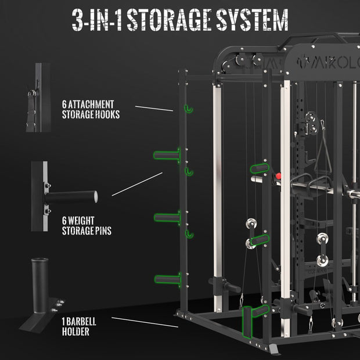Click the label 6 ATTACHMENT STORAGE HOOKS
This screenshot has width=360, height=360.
pyautogui.click(x=91, y=109)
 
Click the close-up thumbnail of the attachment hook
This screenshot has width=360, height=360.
pyautogui.click(x=36, y=98)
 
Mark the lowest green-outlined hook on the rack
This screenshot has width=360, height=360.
pyautogui.click(x=188, y=233)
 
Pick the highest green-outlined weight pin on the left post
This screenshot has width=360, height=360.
pyautogui.click(x=167, y=155)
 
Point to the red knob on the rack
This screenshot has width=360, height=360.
pyautogui.click(x=280, y=176)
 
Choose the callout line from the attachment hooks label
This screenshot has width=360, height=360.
pyautogui.click(x=153, y=108)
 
